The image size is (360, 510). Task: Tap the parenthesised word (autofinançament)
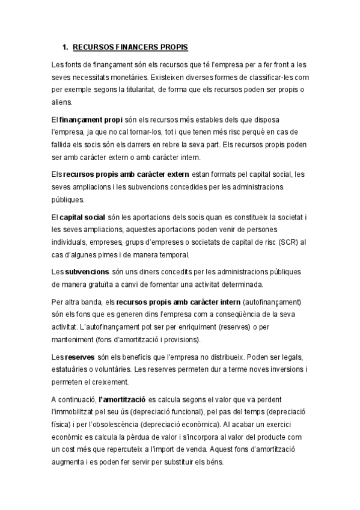272,301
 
